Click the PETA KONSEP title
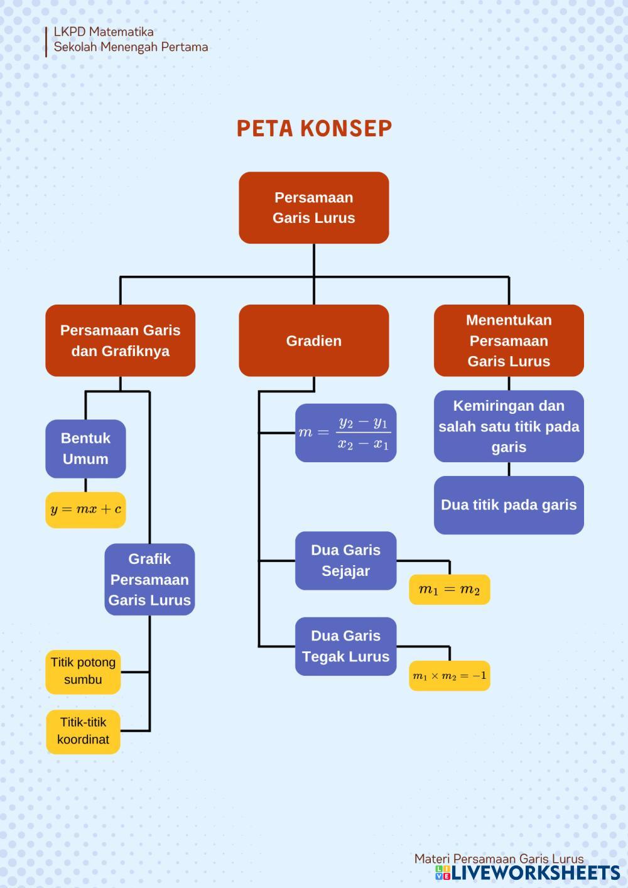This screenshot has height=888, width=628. tap(314, 128)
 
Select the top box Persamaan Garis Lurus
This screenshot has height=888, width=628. tap(314, 208)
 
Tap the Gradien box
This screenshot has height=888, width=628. tap(314, 341)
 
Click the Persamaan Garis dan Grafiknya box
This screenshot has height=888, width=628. tap(120, 341)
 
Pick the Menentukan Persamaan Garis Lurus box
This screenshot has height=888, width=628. tap(509, 341)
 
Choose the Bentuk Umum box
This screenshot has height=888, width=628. tap(85, 448)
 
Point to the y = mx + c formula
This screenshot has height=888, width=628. tap(85, 509)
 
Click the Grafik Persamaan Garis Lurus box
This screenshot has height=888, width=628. tap(149, 579)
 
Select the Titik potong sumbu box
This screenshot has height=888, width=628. tap(83, 671)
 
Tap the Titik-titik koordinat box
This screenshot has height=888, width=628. tap(83, 731)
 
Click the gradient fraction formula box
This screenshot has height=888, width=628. tap(345, 433)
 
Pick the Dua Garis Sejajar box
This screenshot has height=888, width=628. tap(345, 561)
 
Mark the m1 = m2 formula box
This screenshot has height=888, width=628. tap(449, 590)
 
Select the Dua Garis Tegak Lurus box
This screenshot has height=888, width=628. tap(345, 646)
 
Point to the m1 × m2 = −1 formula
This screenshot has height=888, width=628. tap(449, 676)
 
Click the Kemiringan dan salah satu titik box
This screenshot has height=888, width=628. tap(509, 426)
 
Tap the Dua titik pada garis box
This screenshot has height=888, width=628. tap(509, 505)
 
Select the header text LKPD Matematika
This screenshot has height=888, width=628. tap(104, 32)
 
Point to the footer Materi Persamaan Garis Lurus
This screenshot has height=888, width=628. tap(499, 858)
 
